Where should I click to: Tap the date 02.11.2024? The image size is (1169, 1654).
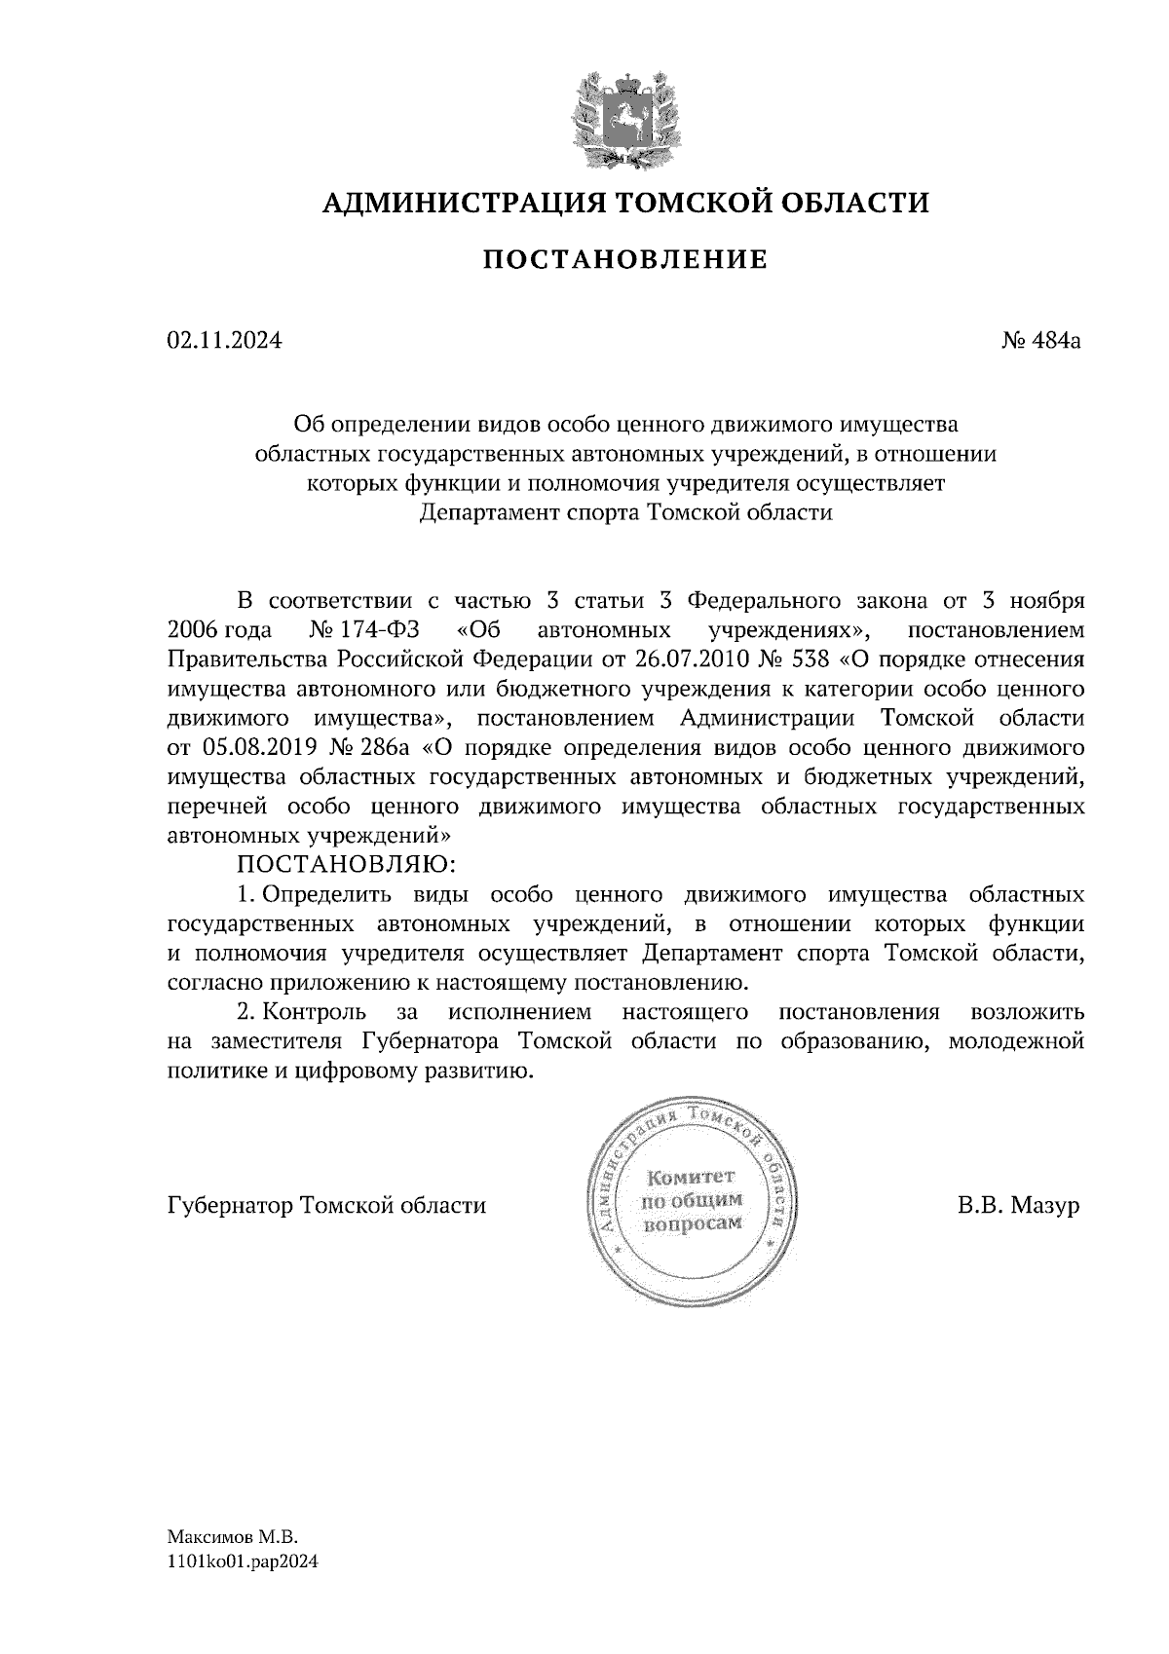224,341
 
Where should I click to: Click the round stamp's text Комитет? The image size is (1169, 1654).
692,1177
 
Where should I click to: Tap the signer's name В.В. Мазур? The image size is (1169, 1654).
1018,1206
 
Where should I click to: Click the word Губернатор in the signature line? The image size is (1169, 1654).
231,1206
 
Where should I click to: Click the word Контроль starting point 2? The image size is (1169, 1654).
315,1012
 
